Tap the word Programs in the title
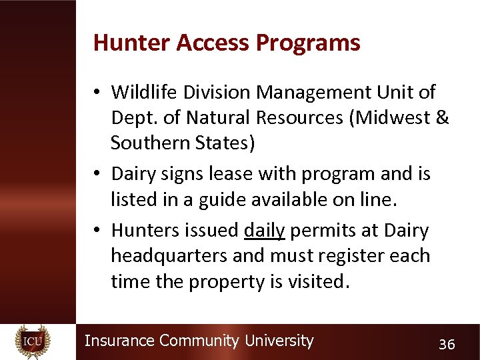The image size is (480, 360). (309, 43)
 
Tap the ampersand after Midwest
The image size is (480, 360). (441, 117)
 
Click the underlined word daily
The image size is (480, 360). (264, 231)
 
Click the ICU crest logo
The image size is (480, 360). (32, 341)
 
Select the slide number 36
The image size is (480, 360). (446, 345)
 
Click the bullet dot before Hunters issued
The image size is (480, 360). (97, 231)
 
